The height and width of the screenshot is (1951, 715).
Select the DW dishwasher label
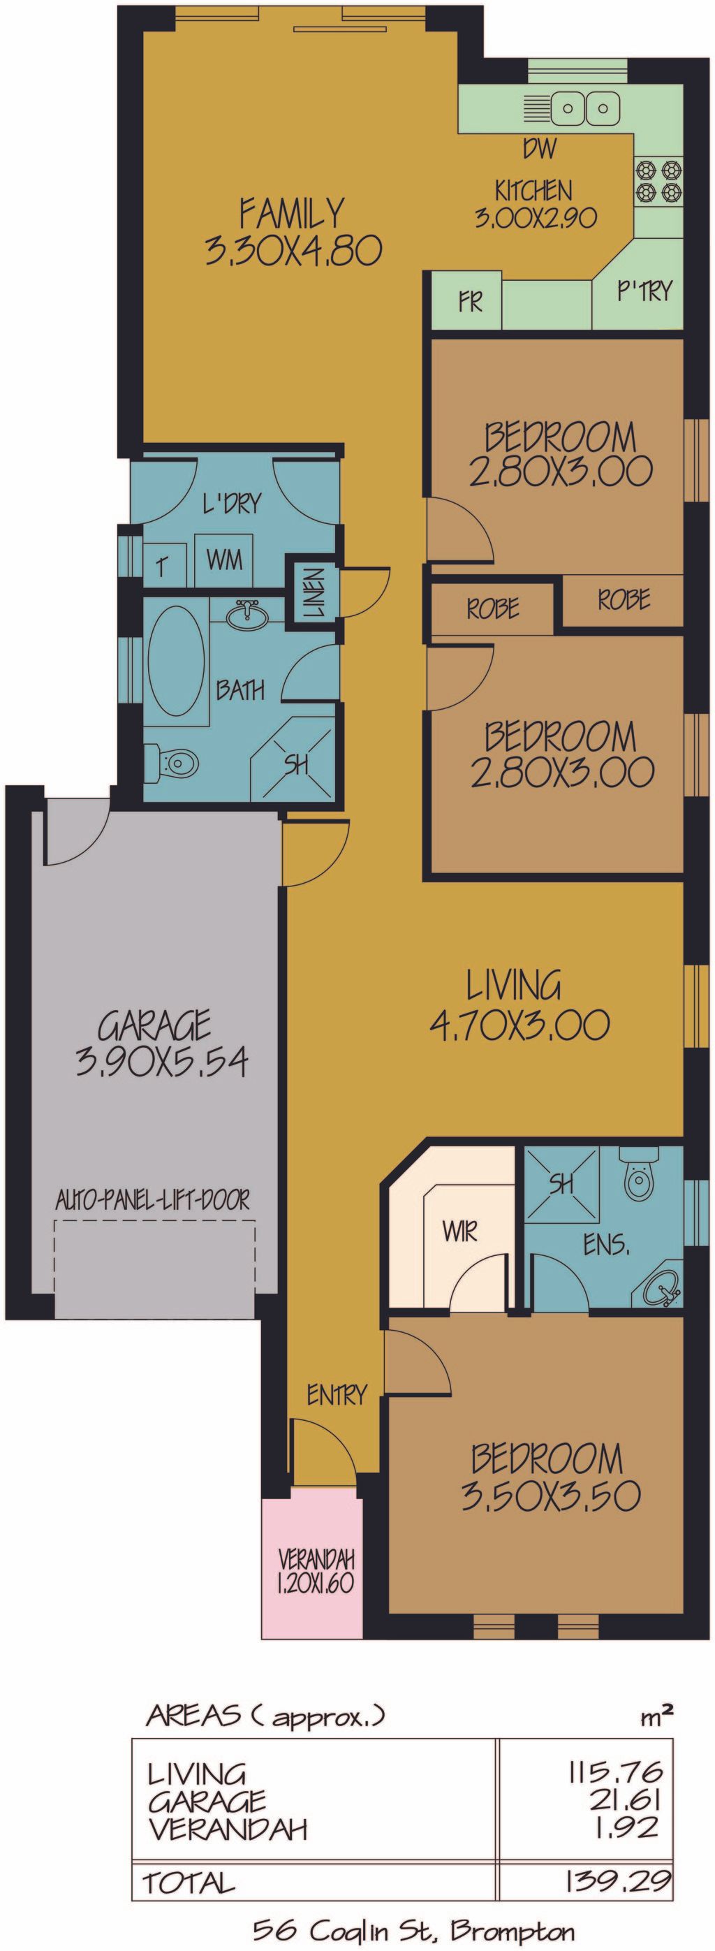point(540,149)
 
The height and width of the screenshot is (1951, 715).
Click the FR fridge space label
point(471,302)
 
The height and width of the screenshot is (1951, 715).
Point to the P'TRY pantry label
point(644,291)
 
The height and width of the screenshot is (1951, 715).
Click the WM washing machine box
point(225,560)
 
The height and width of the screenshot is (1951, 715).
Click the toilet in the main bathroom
point(171,763)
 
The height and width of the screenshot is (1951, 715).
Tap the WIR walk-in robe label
point(461,1232)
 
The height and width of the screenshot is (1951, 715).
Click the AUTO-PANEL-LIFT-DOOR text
point(153,1199)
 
